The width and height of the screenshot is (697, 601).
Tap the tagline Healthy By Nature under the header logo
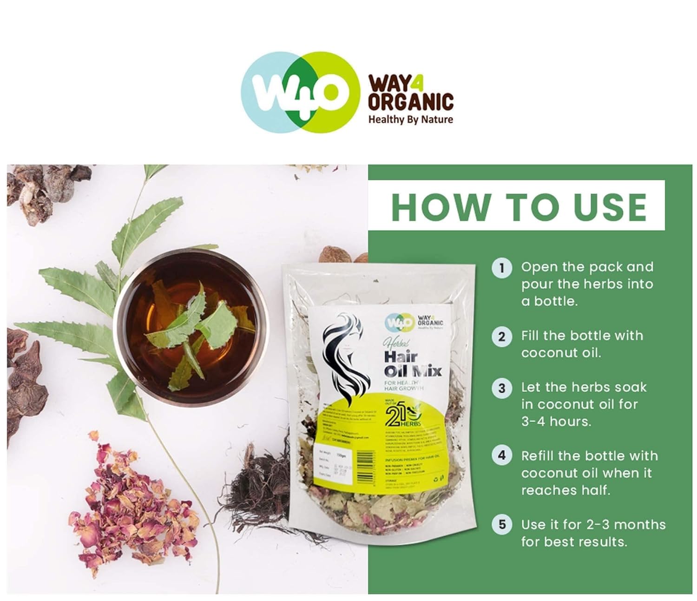410,119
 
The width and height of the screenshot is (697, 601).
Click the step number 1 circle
501,268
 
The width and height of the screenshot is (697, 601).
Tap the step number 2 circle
501,336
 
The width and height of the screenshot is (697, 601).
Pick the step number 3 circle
501,388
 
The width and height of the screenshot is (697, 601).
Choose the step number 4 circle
501,456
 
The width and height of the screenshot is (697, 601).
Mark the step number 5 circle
501,524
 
